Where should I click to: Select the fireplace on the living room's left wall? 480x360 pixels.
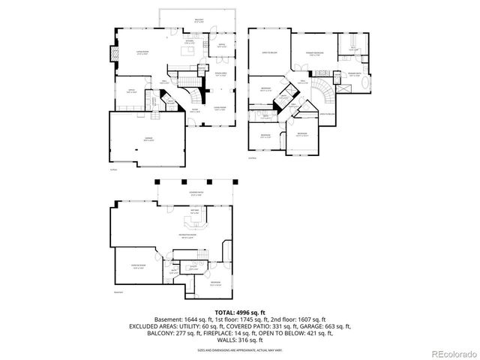pos(115,54)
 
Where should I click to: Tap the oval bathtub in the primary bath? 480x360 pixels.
pos(365,85)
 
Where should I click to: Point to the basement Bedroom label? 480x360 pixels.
pos(215,283)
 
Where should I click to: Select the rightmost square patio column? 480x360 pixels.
pos(236,181)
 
